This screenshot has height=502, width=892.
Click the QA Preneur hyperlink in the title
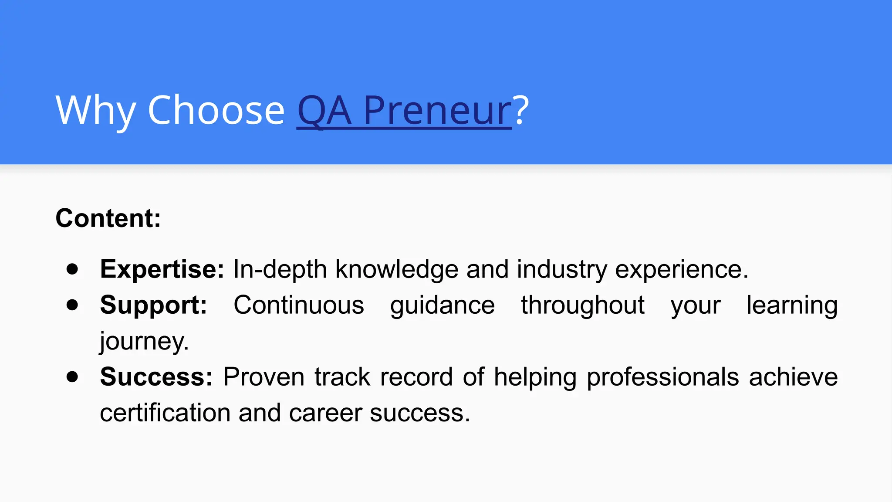(x=404, y=111)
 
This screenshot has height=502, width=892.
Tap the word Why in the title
(x=95, y=111)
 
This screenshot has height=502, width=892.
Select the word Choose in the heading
(x=216, y=111)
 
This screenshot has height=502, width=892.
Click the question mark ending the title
(x=521, y=111)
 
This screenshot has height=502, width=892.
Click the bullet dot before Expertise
(x=72, y=269)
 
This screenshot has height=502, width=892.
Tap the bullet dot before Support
(x=72, y=305)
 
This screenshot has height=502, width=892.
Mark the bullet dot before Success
(x=72, y=376)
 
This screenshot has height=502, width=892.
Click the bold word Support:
(x=153, y=305)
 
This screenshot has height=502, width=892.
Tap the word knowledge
(x=397, y=269)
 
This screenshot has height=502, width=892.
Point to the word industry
(x=562, y=269)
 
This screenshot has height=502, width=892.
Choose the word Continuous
(x=299, y=305)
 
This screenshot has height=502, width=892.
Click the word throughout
(x=583, y=305)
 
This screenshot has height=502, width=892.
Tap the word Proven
(x=264, y=376)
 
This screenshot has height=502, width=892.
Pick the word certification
(x=165, y=413)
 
